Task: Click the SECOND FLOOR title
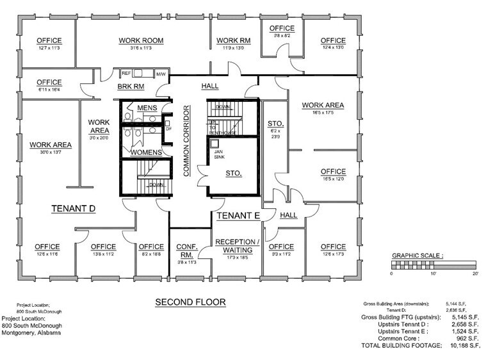tap(190, 302)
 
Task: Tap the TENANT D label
tap(73, 209)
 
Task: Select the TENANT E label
tap(237, 216)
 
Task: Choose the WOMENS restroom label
tap(145, 152)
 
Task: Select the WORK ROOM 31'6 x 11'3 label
tap(141, 41)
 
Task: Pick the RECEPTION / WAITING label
tap(237, 247)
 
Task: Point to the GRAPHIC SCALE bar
tap(433, 263)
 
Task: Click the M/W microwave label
tap(160, 74)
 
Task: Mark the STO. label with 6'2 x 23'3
tap(275, 123)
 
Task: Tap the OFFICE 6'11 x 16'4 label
tap(49, 83)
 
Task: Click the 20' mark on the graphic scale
tap(474, 274)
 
